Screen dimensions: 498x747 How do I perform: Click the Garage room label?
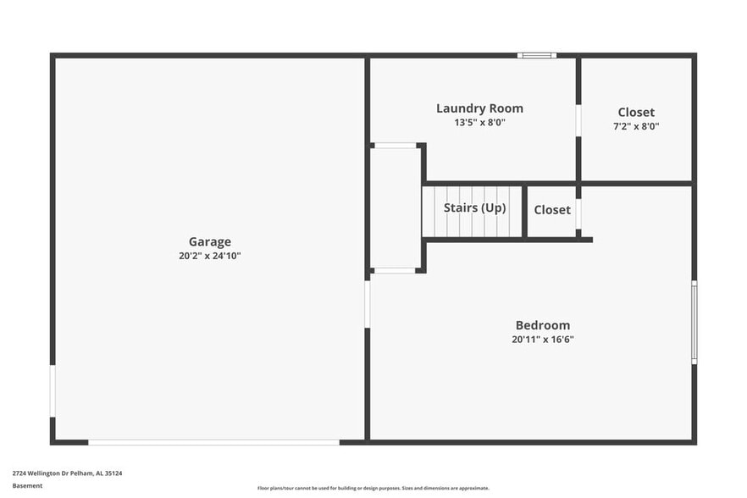209,242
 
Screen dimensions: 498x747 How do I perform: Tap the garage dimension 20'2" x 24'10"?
209,256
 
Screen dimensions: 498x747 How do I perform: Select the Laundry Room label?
479,108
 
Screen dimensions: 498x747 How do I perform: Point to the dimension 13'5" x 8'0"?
479,122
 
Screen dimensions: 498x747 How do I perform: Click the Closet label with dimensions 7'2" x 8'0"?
636,113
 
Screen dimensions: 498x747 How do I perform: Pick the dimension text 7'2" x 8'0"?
636,126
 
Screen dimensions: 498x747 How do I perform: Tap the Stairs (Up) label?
475,207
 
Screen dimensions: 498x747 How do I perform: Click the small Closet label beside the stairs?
552,210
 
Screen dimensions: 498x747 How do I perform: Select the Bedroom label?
543,325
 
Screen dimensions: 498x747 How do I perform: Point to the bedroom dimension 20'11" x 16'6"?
543,340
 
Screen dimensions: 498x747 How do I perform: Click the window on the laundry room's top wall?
537,56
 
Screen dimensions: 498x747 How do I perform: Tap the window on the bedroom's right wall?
694,323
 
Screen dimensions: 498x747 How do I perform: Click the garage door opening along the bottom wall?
213,442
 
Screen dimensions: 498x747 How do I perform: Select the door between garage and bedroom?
368,304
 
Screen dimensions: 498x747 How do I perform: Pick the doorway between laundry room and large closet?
578,120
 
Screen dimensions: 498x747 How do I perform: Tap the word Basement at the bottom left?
27,486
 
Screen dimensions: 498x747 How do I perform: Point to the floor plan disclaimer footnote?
373,489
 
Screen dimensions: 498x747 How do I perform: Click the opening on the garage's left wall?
53,390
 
